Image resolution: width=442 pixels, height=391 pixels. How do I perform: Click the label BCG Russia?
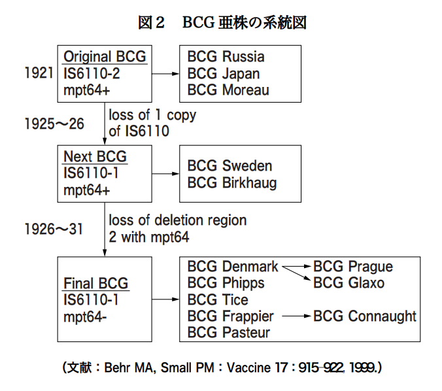pyautogui.click(x=226, y=56)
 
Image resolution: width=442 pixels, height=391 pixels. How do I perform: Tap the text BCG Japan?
pyautogui.click(x=224, y=74)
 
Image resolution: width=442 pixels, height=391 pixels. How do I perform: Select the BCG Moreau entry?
pyautogui.click(x=228, y=90)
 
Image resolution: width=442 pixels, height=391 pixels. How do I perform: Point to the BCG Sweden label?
pyautogui.click(x=229, y=165)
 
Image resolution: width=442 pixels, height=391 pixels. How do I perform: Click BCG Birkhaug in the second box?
pyautogui.click(x=232, y=183)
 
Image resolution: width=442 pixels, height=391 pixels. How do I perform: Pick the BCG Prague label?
pyautogui.click(x=353, y=267)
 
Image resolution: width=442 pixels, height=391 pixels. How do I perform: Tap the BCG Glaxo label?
pyautogui.click(x=348, y=282)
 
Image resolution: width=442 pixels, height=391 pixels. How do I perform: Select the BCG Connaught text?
pyautogui.click(x=365, y=316)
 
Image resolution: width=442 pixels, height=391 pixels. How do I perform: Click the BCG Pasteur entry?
pyautogui.click(x=229, y=332)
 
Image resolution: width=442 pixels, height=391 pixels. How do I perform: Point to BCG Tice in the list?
pyautogui.click(x=218, y=299)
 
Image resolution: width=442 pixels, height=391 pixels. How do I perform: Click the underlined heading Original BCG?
pyautogui.click(x=105, y=57)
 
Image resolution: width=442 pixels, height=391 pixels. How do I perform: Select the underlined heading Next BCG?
pyautogui.click(x=95, y=157)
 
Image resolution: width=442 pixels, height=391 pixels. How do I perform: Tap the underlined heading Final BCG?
pyautogui.click(x=96, y=283)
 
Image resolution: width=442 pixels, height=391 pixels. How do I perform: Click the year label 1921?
pyautogui.click(x=39, y=73)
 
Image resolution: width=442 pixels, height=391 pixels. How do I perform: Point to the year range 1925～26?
pyautogui.click(x=54, y=124)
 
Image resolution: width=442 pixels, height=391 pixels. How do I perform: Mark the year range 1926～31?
pyautogui.click(x=54, y=229)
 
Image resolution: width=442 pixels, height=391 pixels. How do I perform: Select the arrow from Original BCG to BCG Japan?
pyautogui.click(x=165, y=74)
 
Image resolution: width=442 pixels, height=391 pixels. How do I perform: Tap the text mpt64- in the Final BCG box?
pyautogui.click(x=85, y=317)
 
